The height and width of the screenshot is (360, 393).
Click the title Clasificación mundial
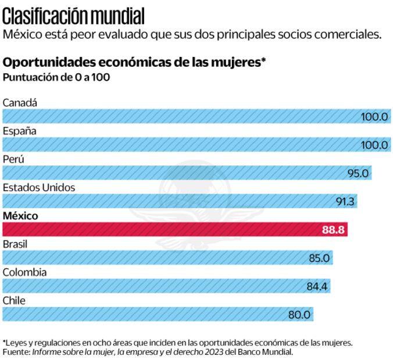click(x=73, y=14)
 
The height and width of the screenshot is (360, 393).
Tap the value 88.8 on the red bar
click(x=334, y=230)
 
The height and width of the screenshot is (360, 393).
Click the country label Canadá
click(x=20, y=103)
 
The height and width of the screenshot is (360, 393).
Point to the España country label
click(x=20, y=131)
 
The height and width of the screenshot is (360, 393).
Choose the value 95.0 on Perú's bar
click(x=358, y=173)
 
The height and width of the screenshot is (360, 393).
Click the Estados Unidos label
click(x=39, y=188)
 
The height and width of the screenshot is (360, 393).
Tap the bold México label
click(x=20, y=215)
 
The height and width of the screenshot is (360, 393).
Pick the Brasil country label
click(x=15, y=244)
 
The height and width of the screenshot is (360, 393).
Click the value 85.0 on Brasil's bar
click(x=319, y=258)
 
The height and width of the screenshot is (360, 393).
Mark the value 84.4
click(x=317, y=286)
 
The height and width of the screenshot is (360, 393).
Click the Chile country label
click(x=14, y=300)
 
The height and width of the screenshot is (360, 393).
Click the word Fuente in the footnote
click(x=16, y=352)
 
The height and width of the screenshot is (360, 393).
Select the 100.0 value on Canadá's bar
click(x=374, y=117)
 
